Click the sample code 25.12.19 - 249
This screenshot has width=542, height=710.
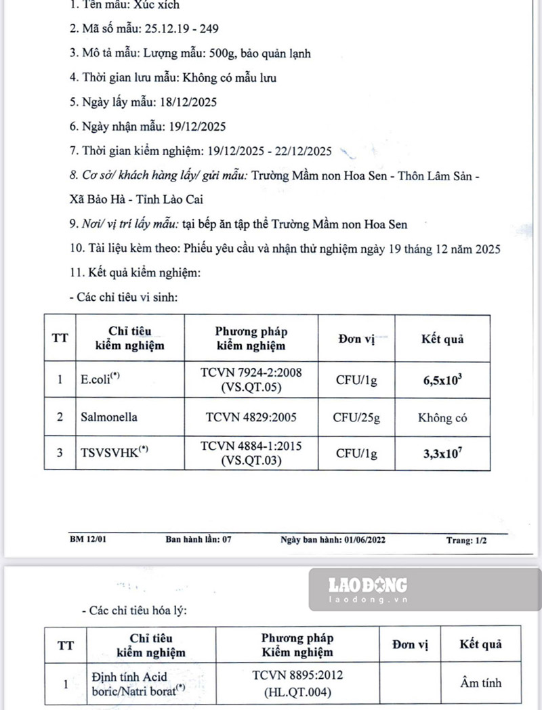181,28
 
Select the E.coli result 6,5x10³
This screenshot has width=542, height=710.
443,379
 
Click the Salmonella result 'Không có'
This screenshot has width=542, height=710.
442,417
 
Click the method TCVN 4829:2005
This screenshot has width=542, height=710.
251,417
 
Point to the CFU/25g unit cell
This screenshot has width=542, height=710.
356,417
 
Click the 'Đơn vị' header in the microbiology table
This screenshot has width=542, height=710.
356,339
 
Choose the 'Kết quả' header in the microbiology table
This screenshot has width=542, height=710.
442,339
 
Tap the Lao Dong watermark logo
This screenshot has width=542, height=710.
368,587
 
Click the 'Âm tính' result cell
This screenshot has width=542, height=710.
480,683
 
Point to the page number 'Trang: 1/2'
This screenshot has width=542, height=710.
466,540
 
